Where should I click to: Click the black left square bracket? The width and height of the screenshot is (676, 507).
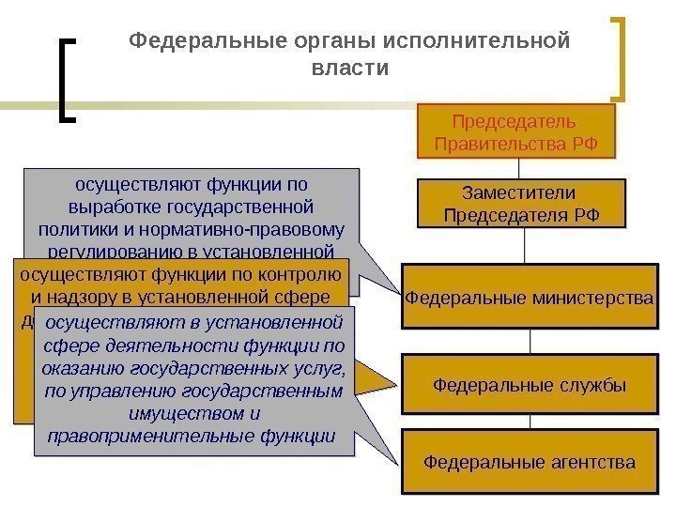[67, 80]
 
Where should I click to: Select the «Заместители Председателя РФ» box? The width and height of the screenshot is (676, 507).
[519, 204]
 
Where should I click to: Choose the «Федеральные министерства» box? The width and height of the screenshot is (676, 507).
[529, 299]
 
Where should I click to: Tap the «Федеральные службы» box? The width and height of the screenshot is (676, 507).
[529, 384]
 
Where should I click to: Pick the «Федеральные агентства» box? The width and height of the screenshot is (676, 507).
[529, 462]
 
